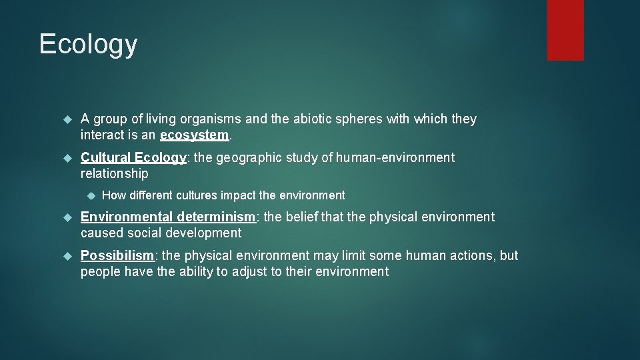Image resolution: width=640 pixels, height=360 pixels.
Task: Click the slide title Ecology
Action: click(x=88, y=45)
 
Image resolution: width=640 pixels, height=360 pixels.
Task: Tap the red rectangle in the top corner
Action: click(x=565, y=30)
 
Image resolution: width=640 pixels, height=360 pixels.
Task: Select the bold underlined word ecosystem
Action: click(x=195, y=135)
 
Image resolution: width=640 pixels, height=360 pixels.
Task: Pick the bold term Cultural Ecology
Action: click(x=133, y=158)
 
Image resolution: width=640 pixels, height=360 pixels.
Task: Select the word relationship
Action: click(x=114, y=174)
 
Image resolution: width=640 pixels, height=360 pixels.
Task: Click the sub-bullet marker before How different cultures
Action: click(x=92, y=195)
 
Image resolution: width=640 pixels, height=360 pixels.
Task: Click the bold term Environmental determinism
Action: click(x=168, y=217)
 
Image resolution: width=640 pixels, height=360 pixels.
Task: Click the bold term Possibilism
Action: click(x=117, y=256)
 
